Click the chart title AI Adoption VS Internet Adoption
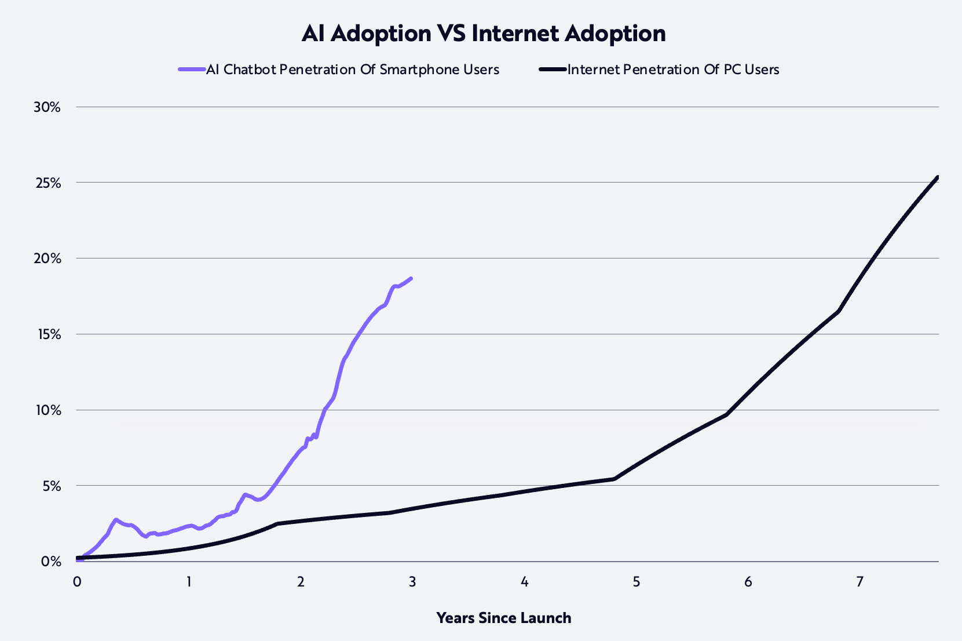coord(483,34)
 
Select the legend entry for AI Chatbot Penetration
coord(352,70)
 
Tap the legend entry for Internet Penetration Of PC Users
coord(673,70)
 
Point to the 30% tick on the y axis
coord(47,107)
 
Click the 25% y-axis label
coord(47,183)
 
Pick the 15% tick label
coord(47,334)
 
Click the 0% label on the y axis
coord(50,561)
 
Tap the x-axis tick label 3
coord(412,581)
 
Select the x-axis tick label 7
coord(859,581)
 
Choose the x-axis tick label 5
coord(636,581)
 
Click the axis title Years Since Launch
coord(503,618)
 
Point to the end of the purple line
coord(411,278)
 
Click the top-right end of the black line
coord(937,177)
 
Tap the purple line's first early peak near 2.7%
coord(116,520)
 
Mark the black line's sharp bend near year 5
coord(614,479)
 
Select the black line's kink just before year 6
coord(726,414)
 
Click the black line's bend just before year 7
coord(838,311)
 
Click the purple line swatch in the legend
coord(192,70)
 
